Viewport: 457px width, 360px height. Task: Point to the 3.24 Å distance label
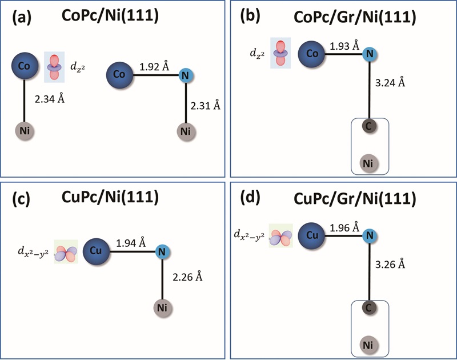click(x=391, y=83)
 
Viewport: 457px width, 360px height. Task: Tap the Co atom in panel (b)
click(x=312, y=54)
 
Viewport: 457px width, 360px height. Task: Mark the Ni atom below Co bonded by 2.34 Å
click(x=25, y=131)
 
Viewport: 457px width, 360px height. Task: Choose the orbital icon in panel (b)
click(x=280, y=53)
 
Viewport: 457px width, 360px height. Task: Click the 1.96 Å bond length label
click(x=345, y=227)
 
